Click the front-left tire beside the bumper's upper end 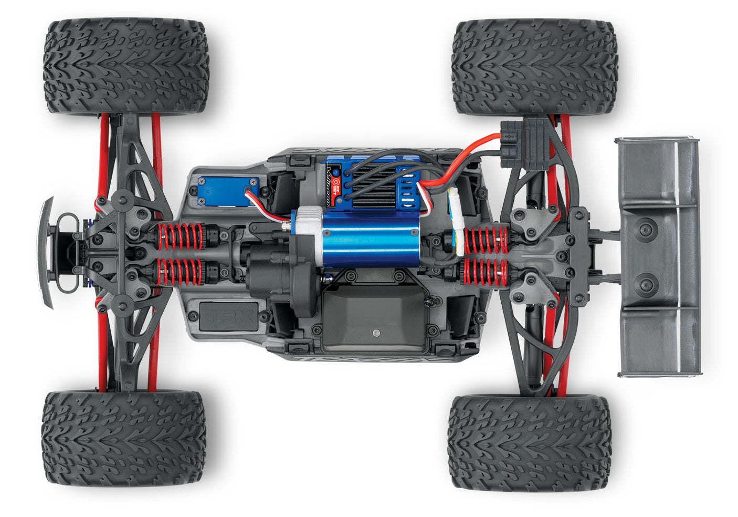pyautogui.click(x=126, y=66)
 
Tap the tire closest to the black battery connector pyautogui.click(x=534, y=67)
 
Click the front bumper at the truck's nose pyautogui.click(x=46, y=252)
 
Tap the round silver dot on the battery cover pyautogui.click(x=376, y=333)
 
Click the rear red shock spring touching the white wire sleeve pyautogui.click(x=486, y=239)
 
